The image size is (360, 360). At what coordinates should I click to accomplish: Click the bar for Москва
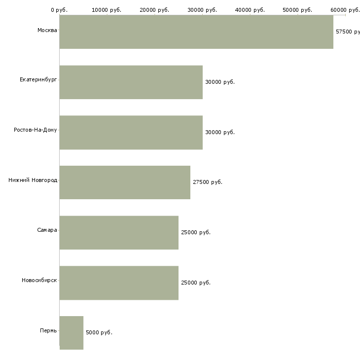point(196,32)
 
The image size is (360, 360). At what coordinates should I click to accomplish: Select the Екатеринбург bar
point(131,82)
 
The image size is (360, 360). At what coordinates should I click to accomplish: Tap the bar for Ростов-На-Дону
point(131,133)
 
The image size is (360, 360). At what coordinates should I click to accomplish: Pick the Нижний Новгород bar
point(125,182)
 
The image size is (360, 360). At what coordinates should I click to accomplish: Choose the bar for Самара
point(119,233)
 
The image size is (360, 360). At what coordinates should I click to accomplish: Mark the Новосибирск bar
point(119,283)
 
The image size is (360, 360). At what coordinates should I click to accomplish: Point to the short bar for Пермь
point(72,333)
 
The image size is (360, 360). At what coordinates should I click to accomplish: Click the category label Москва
point(47,31)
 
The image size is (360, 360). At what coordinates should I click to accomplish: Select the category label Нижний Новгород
point(33,180)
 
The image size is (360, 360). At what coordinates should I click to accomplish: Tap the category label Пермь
point(48,330)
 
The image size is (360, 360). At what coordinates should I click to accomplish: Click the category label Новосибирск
point(39,281)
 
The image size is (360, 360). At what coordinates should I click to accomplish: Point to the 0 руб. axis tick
point(59,10)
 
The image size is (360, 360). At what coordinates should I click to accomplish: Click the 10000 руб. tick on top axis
point(107,10)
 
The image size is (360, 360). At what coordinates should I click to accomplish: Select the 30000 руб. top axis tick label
point(202,10)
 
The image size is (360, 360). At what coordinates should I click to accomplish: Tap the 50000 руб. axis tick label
point(297,10)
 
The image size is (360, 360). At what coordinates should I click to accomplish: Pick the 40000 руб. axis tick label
point(250,10)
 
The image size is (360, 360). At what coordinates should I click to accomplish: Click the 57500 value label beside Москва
point(347,32)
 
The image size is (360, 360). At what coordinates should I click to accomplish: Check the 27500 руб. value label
point(208,182)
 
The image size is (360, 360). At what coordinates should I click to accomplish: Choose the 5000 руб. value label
point(99,333)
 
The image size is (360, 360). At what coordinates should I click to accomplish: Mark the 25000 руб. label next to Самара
point(196,233)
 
